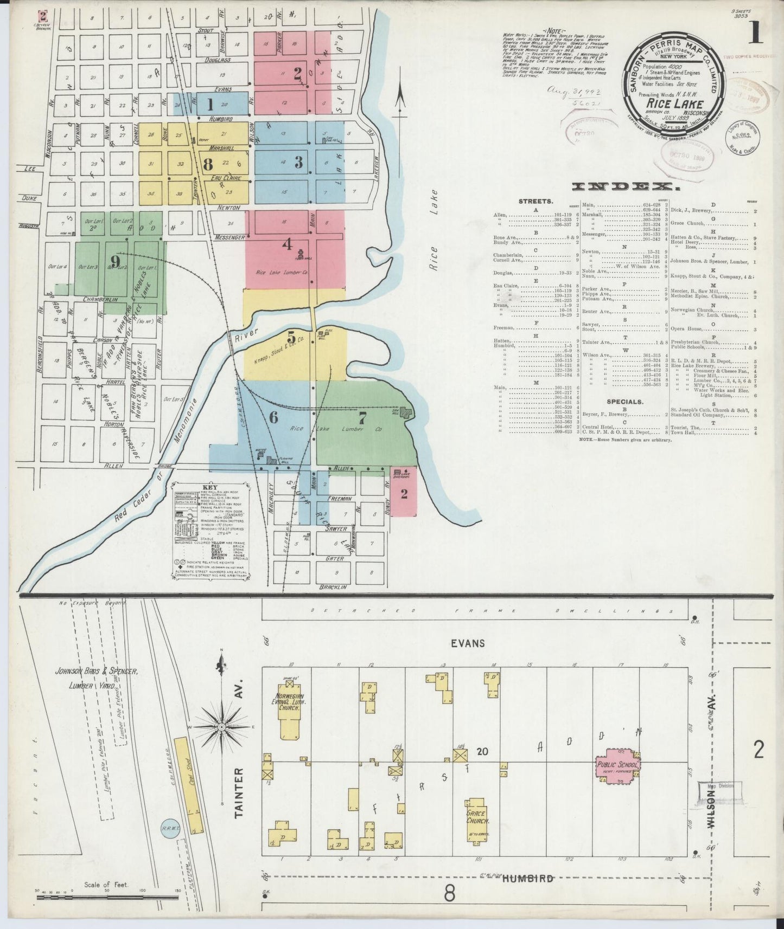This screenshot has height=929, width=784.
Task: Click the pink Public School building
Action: (x=618, y=765)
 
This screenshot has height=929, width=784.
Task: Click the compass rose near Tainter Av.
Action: (x=221, y=726)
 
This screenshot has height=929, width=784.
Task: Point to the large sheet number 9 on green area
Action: (x=114, y=261)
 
